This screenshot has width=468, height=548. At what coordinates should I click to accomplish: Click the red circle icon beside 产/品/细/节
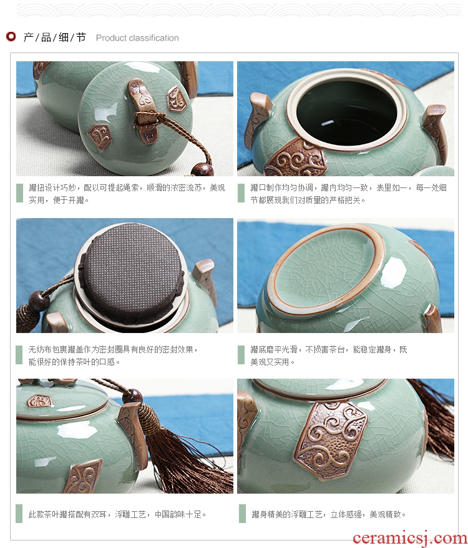click(x=11, y=36)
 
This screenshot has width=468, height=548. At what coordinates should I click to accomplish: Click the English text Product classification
click(x=137, y=37)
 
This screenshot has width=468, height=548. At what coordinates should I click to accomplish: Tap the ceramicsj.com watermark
click(x=410, y=537)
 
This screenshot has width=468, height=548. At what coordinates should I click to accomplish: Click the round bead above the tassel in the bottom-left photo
click(x=132, y=396)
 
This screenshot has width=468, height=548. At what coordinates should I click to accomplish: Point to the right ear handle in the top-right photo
click(x=435, y=132)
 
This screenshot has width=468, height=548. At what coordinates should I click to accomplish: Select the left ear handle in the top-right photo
click(x=258, y=118)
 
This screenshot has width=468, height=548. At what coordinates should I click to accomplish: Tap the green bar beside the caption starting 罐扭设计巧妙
click(x=20, y=193)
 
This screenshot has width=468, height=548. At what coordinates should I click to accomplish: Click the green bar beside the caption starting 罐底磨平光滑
click(x=241, y=355)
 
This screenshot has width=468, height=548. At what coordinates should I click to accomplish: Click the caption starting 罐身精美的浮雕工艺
click(x=329, y=514)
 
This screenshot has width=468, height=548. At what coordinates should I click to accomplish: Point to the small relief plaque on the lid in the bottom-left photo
click(x=39, y=401)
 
